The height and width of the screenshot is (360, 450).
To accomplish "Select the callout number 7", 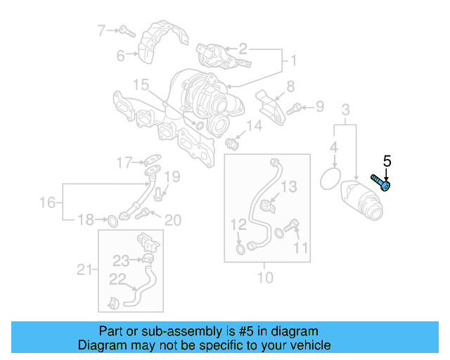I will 101,30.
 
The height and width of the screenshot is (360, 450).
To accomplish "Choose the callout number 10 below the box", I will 264,277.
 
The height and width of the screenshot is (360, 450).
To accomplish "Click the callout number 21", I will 84,269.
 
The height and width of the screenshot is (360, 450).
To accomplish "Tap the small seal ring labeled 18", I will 111,222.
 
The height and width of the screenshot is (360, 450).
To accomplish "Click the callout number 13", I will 290,186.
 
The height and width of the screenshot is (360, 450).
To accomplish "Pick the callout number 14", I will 253,126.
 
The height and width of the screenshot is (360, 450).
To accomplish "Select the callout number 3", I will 345,110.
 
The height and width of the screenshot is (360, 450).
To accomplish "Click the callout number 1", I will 290,61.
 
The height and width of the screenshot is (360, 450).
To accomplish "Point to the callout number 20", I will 172,220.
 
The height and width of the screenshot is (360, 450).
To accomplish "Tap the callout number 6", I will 120,55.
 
